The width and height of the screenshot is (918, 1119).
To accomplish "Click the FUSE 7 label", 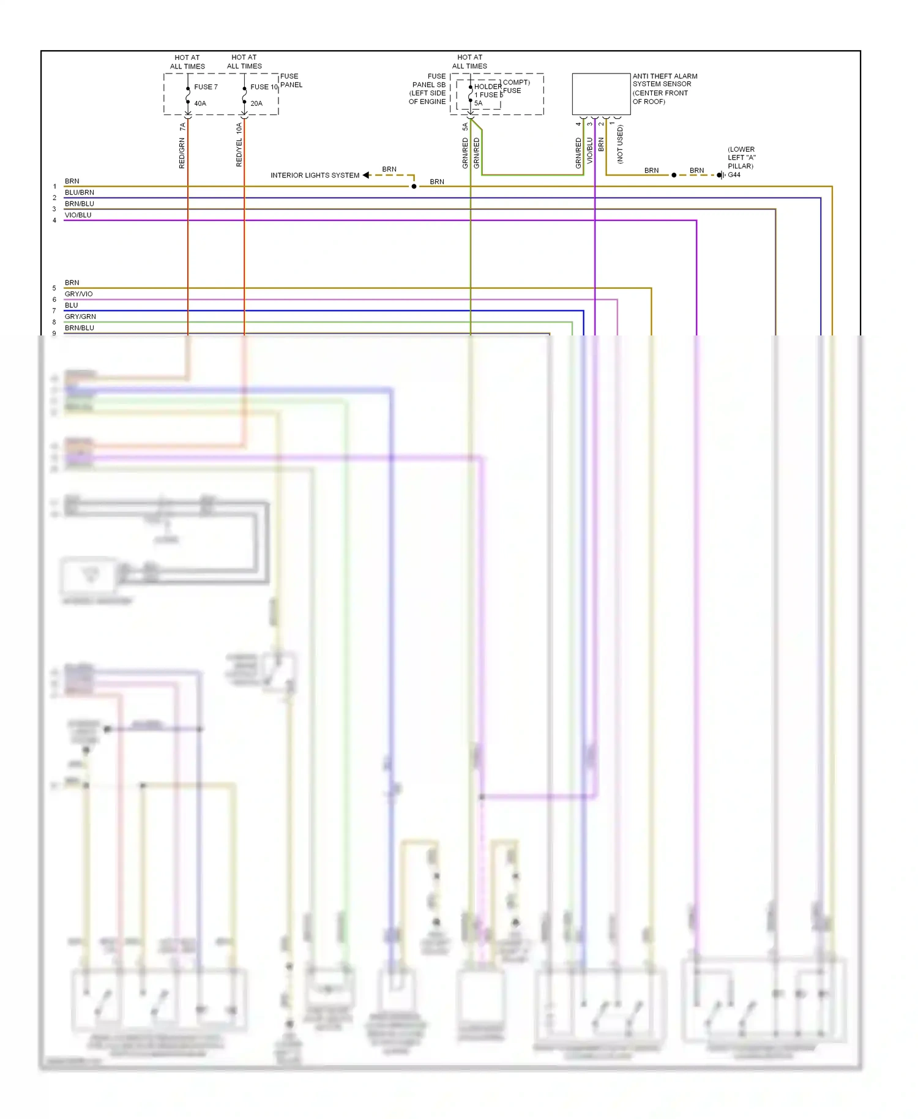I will click(x=206, y=87).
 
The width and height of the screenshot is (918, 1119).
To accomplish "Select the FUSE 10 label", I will click(x=264, y=87).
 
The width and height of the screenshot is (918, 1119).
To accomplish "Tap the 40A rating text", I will click(x=200, y=103).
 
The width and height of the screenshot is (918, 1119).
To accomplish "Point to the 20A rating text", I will click(x=256, y=103).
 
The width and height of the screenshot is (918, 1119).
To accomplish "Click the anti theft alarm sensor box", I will click(x=600, y=94).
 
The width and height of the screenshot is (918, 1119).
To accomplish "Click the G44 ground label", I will click(x=734, y=175).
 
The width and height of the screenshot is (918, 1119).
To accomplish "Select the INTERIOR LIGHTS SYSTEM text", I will click(x=315, y=175).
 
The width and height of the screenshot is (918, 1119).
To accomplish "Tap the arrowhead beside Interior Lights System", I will click(x=366, y=175).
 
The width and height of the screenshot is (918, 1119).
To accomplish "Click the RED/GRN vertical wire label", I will click(x=182, y=153).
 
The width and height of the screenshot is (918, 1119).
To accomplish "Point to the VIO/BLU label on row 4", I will click(x=78, y=215).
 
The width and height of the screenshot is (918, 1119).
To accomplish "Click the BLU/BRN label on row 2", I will click(x=79, y=192).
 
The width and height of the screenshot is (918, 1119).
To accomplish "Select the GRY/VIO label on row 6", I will click(x=78, y=294).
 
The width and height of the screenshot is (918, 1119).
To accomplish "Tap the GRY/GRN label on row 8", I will click(x=80, y=316).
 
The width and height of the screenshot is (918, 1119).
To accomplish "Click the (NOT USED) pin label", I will click(x=620, y=144).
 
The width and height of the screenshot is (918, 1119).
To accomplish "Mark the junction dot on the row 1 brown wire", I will click(x=414, y=186).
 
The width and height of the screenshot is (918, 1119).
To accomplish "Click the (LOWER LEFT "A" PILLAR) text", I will click(x=741, y=157).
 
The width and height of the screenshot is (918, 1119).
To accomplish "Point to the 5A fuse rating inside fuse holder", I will click(x=479, y=103).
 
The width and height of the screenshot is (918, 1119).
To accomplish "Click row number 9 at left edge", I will click(x=54, y=334).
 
